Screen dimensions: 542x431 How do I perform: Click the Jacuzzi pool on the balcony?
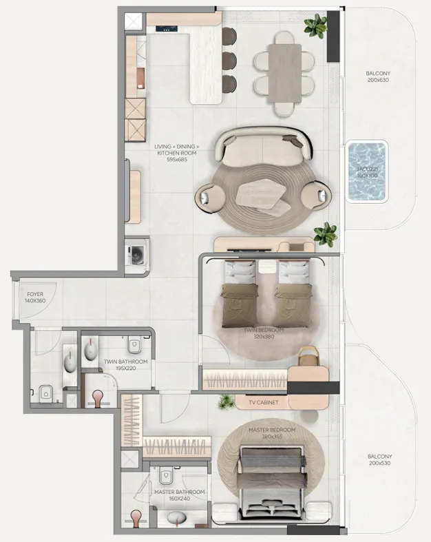[x=367, y=172]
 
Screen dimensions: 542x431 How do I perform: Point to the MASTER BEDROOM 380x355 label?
[x=272, y=433]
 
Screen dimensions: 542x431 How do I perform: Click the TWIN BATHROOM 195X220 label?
[x=125, y=364]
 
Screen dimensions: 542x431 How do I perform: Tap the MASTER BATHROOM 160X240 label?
[x=179, y=495]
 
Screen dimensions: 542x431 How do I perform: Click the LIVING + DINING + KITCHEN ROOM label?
[x=177, y=153]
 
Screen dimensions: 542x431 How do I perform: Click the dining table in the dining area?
[x=284, y=73]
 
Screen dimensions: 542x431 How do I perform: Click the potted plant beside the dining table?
[x=316, y=27]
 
